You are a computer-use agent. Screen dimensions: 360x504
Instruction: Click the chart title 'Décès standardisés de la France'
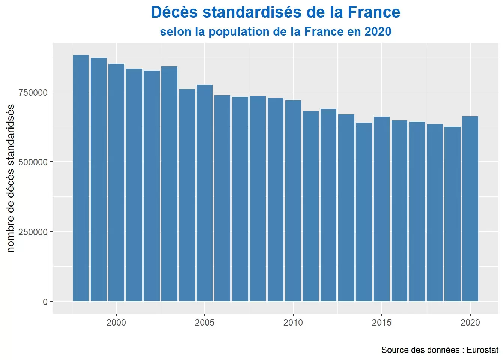275,12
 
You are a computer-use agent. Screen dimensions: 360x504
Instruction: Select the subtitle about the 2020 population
275,32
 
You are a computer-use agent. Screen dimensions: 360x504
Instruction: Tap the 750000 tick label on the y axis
33,93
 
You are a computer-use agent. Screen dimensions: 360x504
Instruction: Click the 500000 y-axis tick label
33,162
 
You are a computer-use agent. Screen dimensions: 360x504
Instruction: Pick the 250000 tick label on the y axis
33,232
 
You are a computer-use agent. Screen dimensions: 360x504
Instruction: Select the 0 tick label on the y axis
45,302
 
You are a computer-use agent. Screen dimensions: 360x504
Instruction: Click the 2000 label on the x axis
116,322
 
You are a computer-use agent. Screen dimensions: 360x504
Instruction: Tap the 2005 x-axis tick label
205,322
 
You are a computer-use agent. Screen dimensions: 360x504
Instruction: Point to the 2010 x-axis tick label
293,322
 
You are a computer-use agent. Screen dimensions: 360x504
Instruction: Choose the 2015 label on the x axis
382,322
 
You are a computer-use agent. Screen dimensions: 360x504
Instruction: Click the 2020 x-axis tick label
470,322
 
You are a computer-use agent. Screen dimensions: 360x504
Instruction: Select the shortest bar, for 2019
452,214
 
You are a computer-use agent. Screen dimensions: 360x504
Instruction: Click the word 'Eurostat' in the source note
483,350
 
